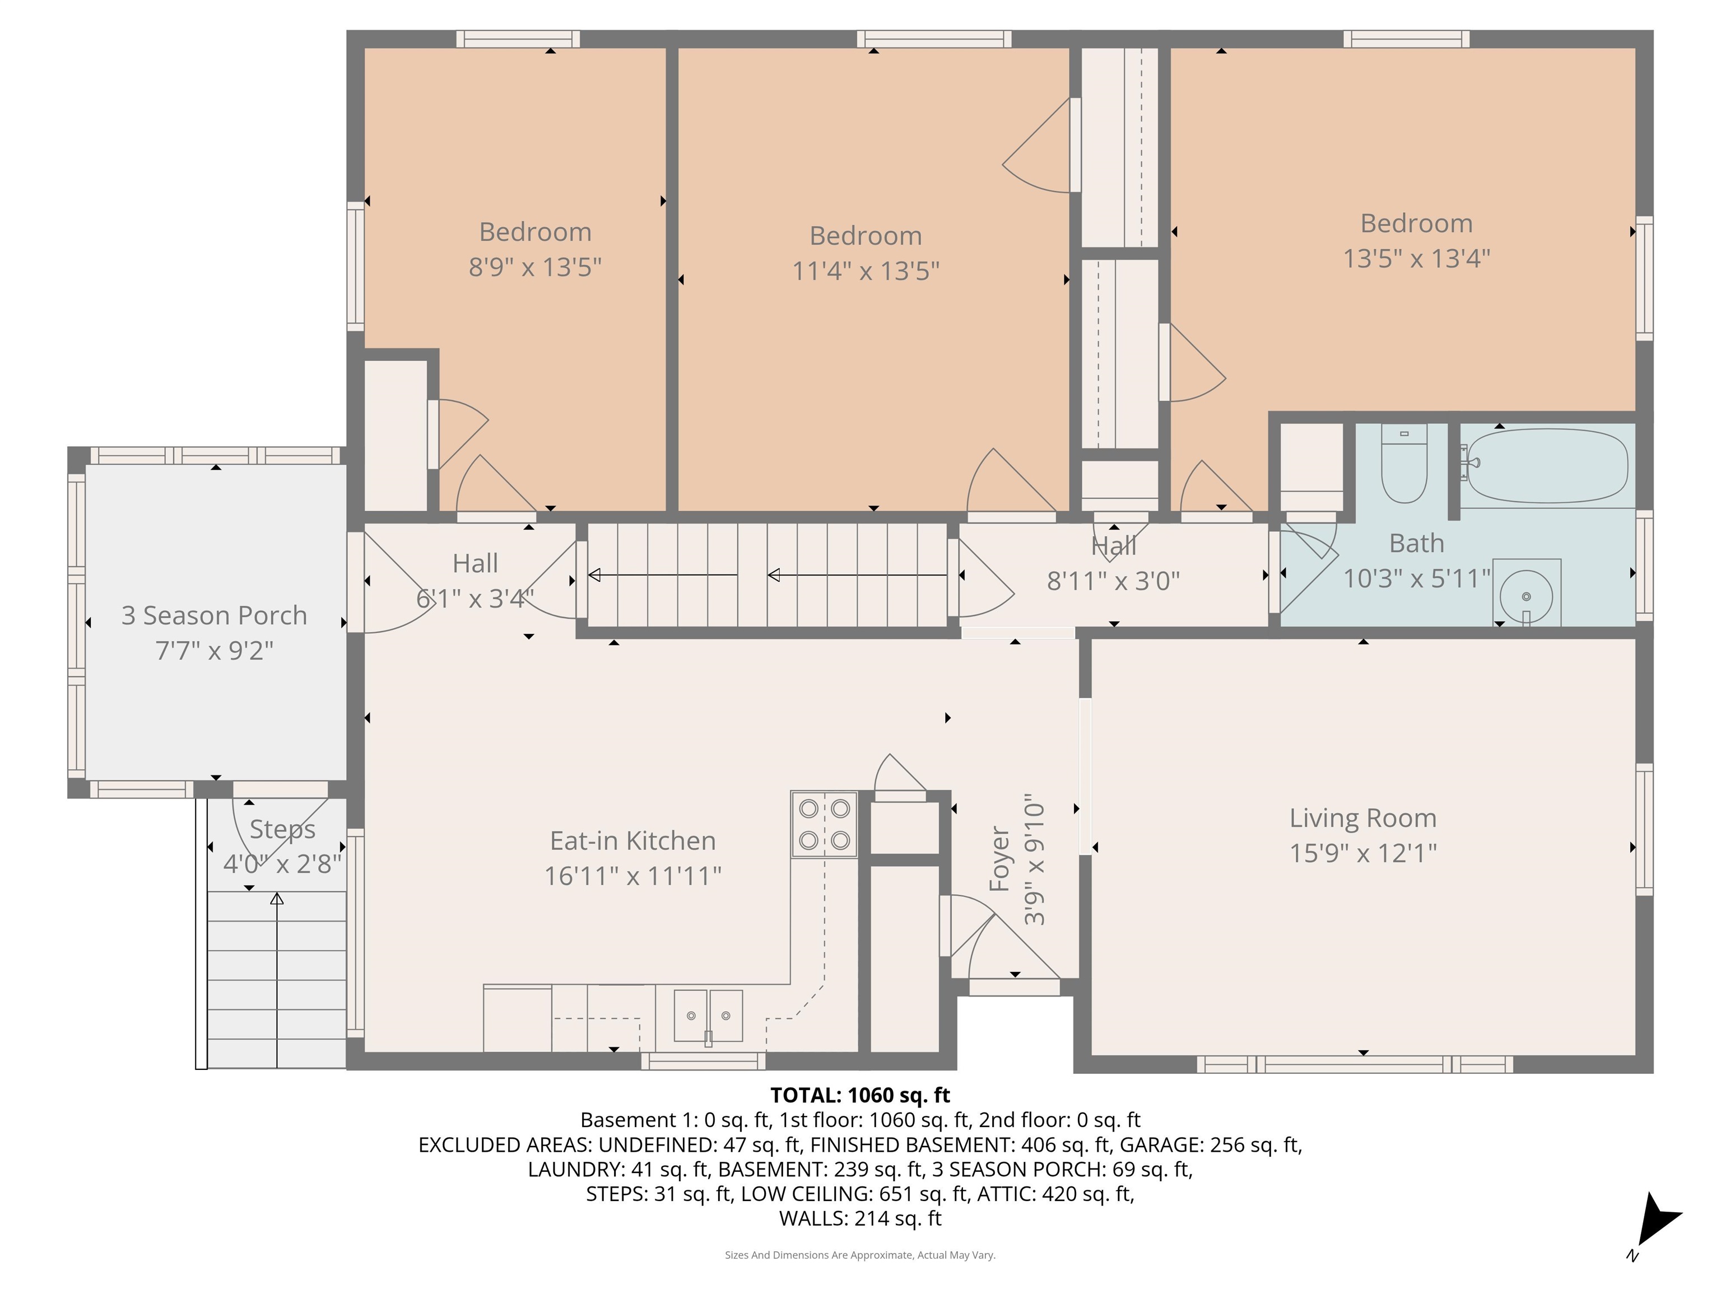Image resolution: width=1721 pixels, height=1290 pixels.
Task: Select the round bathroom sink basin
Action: [x=1525, y=596]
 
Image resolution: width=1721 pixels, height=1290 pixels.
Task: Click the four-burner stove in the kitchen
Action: [x=824, y=824]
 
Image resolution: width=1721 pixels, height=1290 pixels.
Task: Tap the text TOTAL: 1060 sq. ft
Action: [x=860, y=1095]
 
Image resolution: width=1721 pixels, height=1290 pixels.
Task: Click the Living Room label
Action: [x=1362, y=818]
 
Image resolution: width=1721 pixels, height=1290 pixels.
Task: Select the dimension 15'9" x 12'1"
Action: [x=1362, y=853]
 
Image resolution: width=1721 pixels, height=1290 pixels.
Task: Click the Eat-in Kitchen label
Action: [x=632, y=840]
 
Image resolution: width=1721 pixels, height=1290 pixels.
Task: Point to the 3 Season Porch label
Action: [x=214, y=615]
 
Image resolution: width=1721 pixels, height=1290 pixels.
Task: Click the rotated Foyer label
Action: [x=999, y=859]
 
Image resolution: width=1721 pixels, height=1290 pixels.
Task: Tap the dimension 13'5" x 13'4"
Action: [x=1416, y=258]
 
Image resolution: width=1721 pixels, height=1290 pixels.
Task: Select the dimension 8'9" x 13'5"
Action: [x=534, y=267]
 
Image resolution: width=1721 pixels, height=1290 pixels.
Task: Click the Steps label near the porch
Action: [x=282, y=830]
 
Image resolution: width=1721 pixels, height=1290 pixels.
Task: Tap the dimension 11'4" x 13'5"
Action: [x=865, y=270]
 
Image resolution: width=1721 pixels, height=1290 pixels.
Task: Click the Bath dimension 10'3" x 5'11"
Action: [x=1416, y=578]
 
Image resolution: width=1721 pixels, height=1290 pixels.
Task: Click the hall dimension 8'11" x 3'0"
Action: [x=1113, y=581]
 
